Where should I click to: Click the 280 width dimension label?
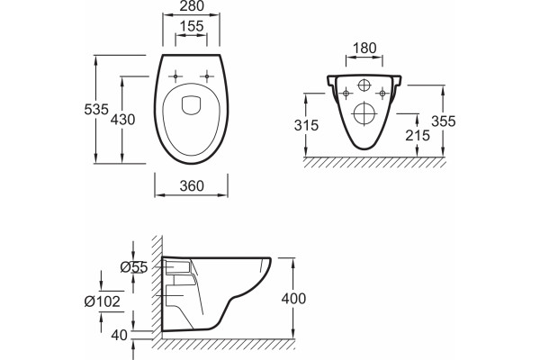192,6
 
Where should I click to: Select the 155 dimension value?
192,26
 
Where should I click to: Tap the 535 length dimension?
96,110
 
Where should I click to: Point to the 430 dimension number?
122,120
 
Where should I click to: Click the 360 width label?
192,186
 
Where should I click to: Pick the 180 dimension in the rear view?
364,49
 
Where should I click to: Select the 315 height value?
307,125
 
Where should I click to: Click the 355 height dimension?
444,121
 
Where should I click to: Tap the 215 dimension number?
418,136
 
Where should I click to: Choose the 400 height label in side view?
293,299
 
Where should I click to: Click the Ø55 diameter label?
134,267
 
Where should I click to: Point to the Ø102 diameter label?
103,301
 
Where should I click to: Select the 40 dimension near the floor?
120,335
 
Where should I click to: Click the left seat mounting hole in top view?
175,76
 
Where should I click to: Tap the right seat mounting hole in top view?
207,76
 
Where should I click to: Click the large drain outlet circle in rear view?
364,113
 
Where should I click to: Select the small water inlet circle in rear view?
364,85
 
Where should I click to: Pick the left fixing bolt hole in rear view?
346,94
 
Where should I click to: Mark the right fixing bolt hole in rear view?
382,94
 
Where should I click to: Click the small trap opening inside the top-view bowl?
191,104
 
